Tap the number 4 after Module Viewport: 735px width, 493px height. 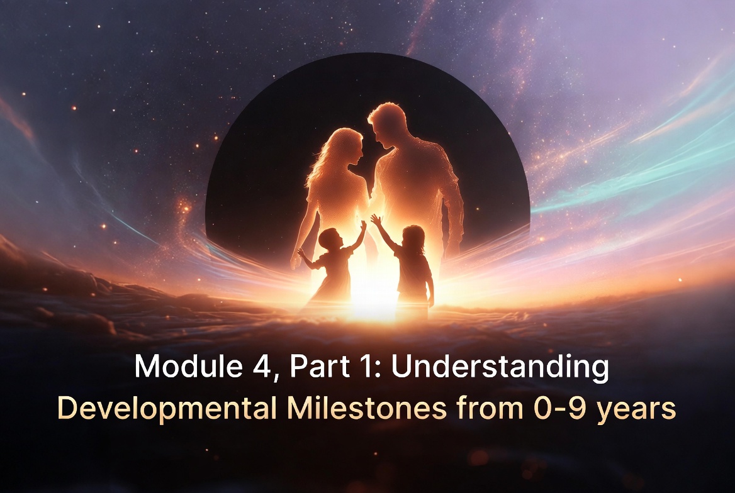(255, 367)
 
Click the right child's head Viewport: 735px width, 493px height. (413, 239)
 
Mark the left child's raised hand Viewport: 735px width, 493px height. (362, 224)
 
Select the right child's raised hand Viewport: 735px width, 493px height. (375, 219)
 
